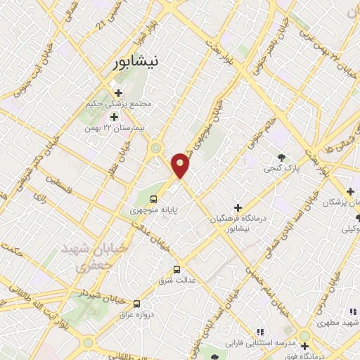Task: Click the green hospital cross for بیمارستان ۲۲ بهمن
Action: pyautogui.click(x=113, y=117)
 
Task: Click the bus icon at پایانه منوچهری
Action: pyautogui.click(x=154, y=199)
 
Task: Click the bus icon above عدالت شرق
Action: pyautogui.click(x=176, y=269)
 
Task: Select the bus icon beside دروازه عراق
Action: pyautogui.click(x=137, y=303)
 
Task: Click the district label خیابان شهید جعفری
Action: pyautogui.click(x=87, y=257)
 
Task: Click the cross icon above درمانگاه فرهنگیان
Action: pyautogui.click(x=238, y=207)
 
